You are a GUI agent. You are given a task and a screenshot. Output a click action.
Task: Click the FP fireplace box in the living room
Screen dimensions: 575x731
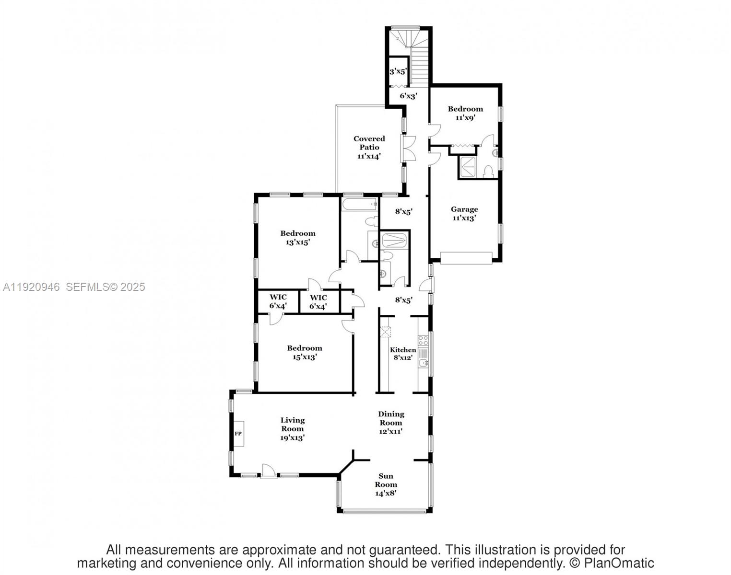point(238,434)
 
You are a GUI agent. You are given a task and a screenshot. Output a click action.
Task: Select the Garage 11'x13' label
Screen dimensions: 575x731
point(464,213)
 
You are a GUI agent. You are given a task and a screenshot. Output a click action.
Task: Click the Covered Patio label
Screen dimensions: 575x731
point(369,147)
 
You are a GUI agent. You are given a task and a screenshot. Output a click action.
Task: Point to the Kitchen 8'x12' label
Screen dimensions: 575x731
point(402,354)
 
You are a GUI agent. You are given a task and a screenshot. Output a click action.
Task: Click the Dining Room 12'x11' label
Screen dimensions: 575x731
point(391,422)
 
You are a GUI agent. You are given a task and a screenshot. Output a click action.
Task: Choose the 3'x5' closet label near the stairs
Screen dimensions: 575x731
point(398,71)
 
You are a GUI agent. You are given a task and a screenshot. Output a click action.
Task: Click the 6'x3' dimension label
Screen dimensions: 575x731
point(408,96)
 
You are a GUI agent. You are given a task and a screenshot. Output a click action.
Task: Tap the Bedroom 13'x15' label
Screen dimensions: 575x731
point(298,238)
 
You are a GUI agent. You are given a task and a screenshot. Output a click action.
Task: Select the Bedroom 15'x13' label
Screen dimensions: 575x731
point(305,352)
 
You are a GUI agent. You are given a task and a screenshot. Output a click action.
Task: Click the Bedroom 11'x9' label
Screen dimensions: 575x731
point(465,113)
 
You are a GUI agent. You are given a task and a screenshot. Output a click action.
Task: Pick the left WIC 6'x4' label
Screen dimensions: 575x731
point(278,301)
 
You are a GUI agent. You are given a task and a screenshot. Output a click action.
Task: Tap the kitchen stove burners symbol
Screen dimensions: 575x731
point(423,341)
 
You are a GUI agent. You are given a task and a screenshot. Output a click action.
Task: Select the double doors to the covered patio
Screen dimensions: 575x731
point(409,149)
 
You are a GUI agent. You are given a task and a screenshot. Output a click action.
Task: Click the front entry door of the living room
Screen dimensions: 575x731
point(269,472)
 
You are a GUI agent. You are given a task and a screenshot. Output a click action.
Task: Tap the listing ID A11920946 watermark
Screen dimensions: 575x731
point(32,287)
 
